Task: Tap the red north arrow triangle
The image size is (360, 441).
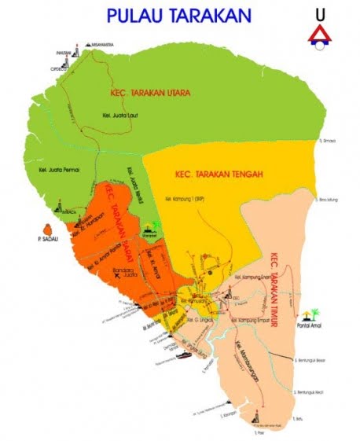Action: (318, 32)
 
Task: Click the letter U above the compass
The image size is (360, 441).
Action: (319, 14)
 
